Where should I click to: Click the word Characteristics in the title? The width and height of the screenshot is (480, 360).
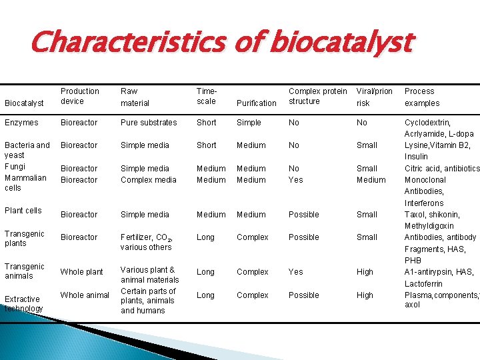point(123,43)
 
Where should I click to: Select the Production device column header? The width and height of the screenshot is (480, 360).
point(79,96)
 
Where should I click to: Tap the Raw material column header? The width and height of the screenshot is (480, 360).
point(135,97)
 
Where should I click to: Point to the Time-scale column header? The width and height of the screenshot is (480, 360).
point(207,96)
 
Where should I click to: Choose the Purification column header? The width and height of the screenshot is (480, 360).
point(256,103)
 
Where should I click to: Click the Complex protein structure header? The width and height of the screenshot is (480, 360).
point(317,96)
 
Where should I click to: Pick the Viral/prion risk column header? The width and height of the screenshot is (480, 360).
point(373,97)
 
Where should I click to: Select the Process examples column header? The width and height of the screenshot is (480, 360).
point(422,97)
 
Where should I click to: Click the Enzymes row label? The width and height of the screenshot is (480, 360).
point(21,123)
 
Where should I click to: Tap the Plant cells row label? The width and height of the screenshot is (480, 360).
point(23,211)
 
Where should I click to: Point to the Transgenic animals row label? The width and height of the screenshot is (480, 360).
point(24,271)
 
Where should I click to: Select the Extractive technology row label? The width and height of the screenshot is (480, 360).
point(23,303)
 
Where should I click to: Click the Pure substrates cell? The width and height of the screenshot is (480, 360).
point(149,123)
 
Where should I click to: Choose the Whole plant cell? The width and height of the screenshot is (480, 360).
point(81,272)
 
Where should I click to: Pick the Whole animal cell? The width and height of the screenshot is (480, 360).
point(85,295)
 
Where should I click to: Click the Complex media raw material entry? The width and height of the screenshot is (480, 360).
point(149,180)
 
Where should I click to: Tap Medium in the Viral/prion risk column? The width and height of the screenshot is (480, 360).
point(371,180)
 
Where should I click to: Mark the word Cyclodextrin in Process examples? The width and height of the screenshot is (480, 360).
point(427,123)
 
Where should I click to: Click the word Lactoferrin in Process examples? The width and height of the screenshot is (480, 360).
point(425,284)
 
